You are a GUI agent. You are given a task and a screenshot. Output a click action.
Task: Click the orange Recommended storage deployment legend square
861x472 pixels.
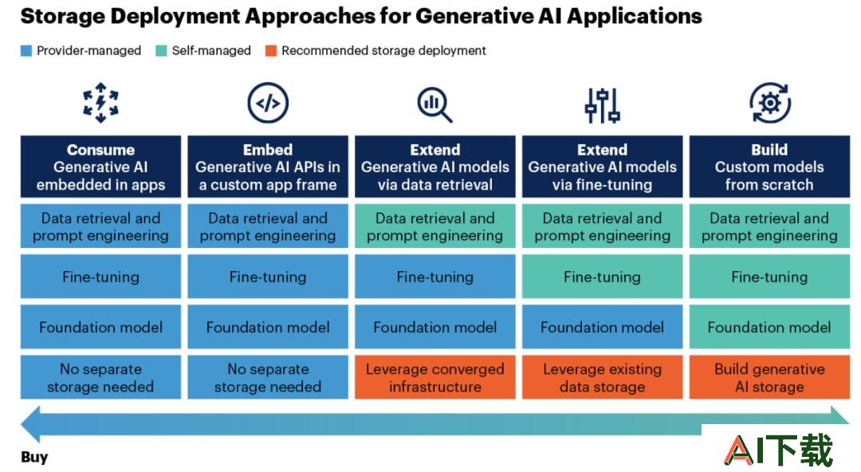(x=271, y=51)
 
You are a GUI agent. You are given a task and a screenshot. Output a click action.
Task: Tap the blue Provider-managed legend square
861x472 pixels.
(x=26, y=51)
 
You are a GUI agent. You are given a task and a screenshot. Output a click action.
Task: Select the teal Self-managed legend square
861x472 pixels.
(x=161, y=51)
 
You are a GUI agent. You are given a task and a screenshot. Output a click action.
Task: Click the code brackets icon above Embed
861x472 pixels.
(x=268, y=103)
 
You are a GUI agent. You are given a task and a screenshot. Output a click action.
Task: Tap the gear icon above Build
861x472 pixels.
(x=770, y=103)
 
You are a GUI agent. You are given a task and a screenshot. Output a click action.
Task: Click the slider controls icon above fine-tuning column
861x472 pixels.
(x=603, y=105)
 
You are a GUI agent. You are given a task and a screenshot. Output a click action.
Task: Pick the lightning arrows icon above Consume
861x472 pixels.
(x=100, y=103)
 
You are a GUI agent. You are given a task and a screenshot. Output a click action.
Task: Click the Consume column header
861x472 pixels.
(x=100, y=167)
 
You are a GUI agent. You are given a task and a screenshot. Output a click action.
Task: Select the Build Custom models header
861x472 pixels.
(x=769, y=167)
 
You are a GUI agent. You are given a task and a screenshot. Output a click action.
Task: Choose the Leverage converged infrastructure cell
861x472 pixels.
(x=435, y=377)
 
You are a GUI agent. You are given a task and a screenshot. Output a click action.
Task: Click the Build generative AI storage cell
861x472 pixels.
(x=769, y=377)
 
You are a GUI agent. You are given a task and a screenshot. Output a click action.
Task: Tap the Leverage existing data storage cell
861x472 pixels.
(x=603, y=377)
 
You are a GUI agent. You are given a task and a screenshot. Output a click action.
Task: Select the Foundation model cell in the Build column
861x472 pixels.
(x=769, y=327)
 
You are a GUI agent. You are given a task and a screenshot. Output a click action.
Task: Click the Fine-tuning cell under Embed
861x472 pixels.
(x=268, y=277)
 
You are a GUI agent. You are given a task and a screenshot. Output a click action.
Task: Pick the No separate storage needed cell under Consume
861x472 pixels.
(x=100, y=377)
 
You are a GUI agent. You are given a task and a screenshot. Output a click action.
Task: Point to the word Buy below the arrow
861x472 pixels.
(x=34, y=457)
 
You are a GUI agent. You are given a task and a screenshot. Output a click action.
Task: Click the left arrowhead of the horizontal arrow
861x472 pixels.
(x=31, y=424)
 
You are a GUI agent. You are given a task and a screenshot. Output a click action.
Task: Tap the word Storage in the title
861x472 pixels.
(x=63, y=17)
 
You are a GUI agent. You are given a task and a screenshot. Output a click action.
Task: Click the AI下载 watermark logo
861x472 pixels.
(x=779, y=450)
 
